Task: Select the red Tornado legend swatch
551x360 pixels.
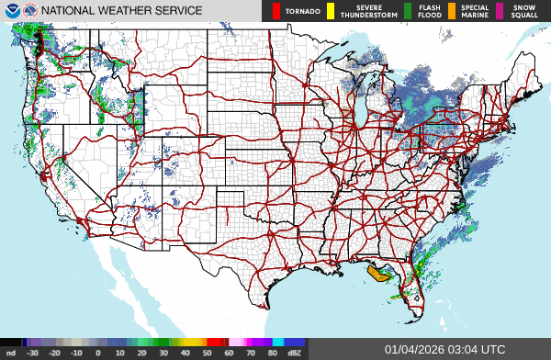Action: (275, 11)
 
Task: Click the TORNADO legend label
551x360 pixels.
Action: (303, 11)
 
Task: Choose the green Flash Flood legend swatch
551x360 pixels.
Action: (407, 11)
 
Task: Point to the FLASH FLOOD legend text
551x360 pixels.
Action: (429, 11)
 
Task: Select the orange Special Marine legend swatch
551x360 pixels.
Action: (452, 11)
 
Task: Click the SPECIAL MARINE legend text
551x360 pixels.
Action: (475, 11)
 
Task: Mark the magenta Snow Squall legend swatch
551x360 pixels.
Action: (500, 11)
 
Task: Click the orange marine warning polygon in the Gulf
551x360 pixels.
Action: (377, 272)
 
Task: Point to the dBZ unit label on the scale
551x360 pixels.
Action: (295, 352)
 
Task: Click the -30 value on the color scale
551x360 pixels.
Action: (33, 352)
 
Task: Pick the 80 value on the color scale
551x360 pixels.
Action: (273, 352)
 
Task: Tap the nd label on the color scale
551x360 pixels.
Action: (10, 352)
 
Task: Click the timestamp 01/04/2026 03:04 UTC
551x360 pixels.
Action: (444, 349)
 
